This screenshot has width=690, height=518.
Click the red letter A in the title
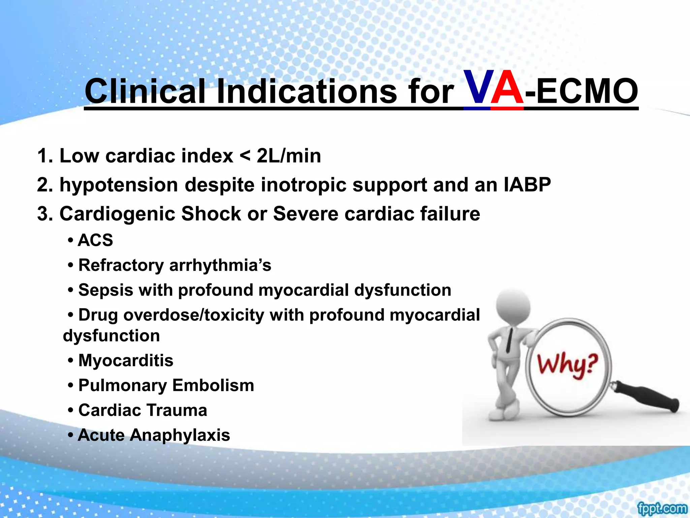click(507, 88)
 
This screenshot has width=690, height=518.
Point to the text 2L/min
click(289, 156)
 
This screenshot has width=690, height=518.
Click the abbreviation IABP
click(527, 185)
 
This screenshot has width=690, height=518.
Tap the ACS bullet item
click(95, 240)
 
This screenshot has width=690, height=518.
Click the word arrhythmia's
click(220, 265)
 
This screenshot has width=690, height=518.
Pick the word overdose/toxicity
click(194, 315)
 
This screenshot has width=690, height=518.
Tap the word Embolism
click(213, 385)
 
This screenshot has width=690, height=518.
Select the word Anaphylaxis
click(180, 435)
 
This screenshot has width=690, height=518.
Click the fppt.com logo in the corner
click(662, 508)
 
